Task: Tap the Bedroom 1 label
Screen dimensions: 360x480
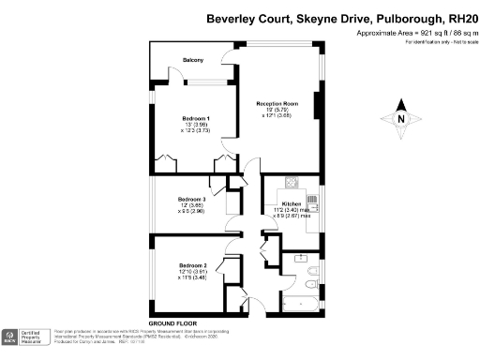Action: click(196, 117)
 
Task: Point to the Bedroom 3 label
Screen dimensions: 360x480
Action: click(191, 199)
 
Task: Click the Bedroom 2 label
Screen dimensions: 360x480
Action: click(191, 265)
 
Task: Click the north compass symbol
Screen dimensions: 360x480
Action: click(401, 119)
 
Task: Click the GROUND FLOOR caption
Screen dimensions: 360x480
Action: click(170, 322)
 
